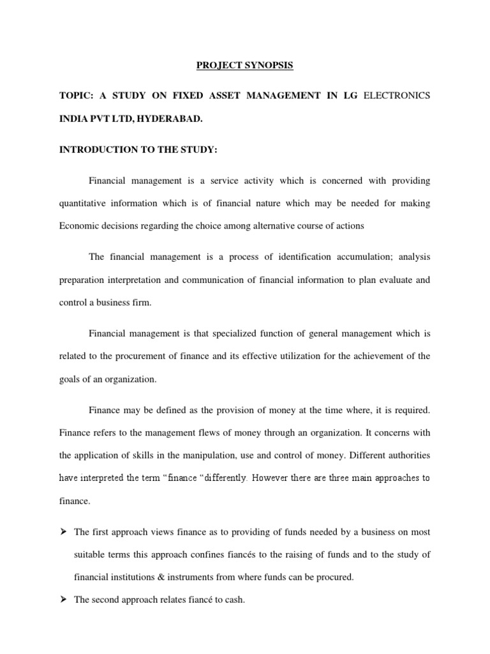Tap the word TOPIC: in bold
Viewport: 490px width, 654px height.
coord(75,95)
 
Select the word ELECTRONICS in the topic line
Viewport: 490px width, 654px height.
coord(396,95)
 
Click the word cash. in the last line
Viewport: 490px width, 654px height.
coord(234,600)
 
